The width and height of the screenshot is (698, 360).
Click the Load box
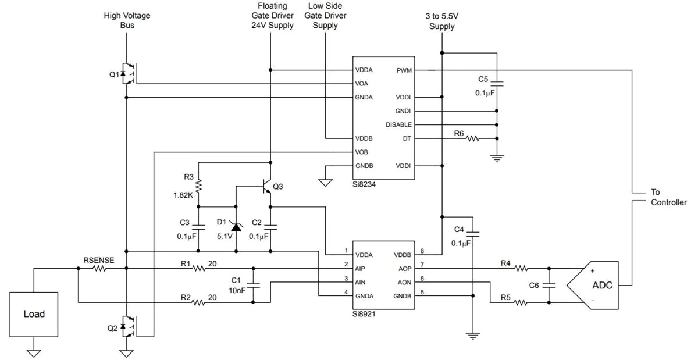tap(34, 314)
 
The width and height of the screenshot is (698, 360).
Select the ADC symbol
tap(593, 285)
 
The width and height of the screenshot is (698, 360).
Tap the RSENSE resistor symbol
tap(99, 268)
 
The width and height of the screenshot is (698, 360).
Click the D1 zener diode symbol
tap(236, 227)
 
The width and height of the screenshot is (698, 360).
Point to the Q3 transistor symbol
tap(267, 186)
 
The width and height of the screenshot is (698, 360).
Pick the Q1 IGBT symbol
tap(129, 73)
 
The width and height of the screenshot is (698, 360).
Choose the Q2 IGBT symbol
tap(129, 327)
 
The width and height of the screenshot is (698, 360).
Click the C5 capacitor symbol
tap(497, 84)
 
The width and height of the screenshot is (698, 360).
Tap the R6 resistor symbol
tap(473, 138)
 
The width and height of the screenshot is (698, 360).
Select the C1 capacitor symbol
tap(253, 285)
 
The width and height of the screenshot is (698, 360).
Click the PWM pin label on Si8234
tap(404, 70)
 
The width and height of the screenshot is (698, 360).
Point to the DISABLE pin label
tap(398, 124)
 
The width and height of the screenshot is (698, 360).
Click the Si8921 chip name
tap(364, 314)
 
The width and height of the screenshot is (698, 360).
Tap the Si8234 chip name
tap(364, 184)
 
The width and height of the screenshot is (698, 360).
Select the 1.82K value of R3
tap(183, 195)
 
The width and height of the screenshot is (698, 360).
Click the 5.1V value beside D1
tap(225, 237)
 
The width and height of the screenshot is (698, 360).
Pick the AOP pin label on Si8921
tap(405, 269)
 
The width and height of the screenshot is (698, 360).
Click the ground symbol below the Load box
tap(34, 353)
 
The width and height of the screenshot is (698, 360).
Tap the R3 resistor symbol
tap(198, 186)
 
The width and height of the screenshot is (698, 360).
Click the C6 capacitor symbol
tap(549, 285)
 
